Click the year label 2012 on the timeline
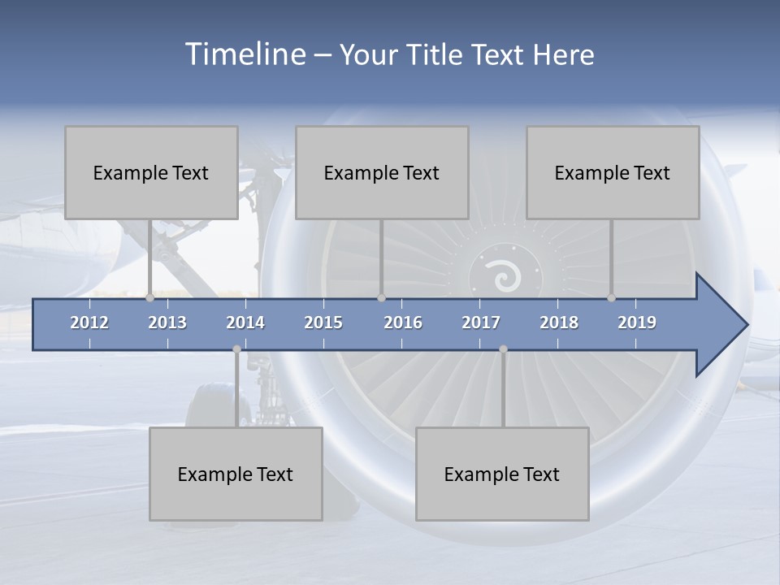click(89, 323)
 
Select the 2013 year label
click(167, 323)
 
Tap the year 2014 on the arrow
click(245, 323)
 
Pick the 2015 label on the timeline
click(323, 323)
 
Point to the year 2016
click(403, 323)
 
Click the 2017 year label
click(481, 323)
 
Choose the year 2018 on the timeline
click(559, 323)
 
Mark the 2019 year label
click(637, 323)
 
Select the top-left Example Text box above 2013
click(151, 172)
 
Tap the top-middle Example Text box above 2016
click(382, 172)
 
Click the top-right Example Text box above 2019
click(613, 172)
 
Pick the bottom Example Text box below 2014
click(236, 474)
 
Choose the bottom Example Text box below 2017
click(502, 474)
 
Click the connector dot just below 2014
click(236, 349)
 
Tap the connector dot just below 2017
click(503, 349)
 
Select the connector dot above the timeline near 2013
click(150, 298)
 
